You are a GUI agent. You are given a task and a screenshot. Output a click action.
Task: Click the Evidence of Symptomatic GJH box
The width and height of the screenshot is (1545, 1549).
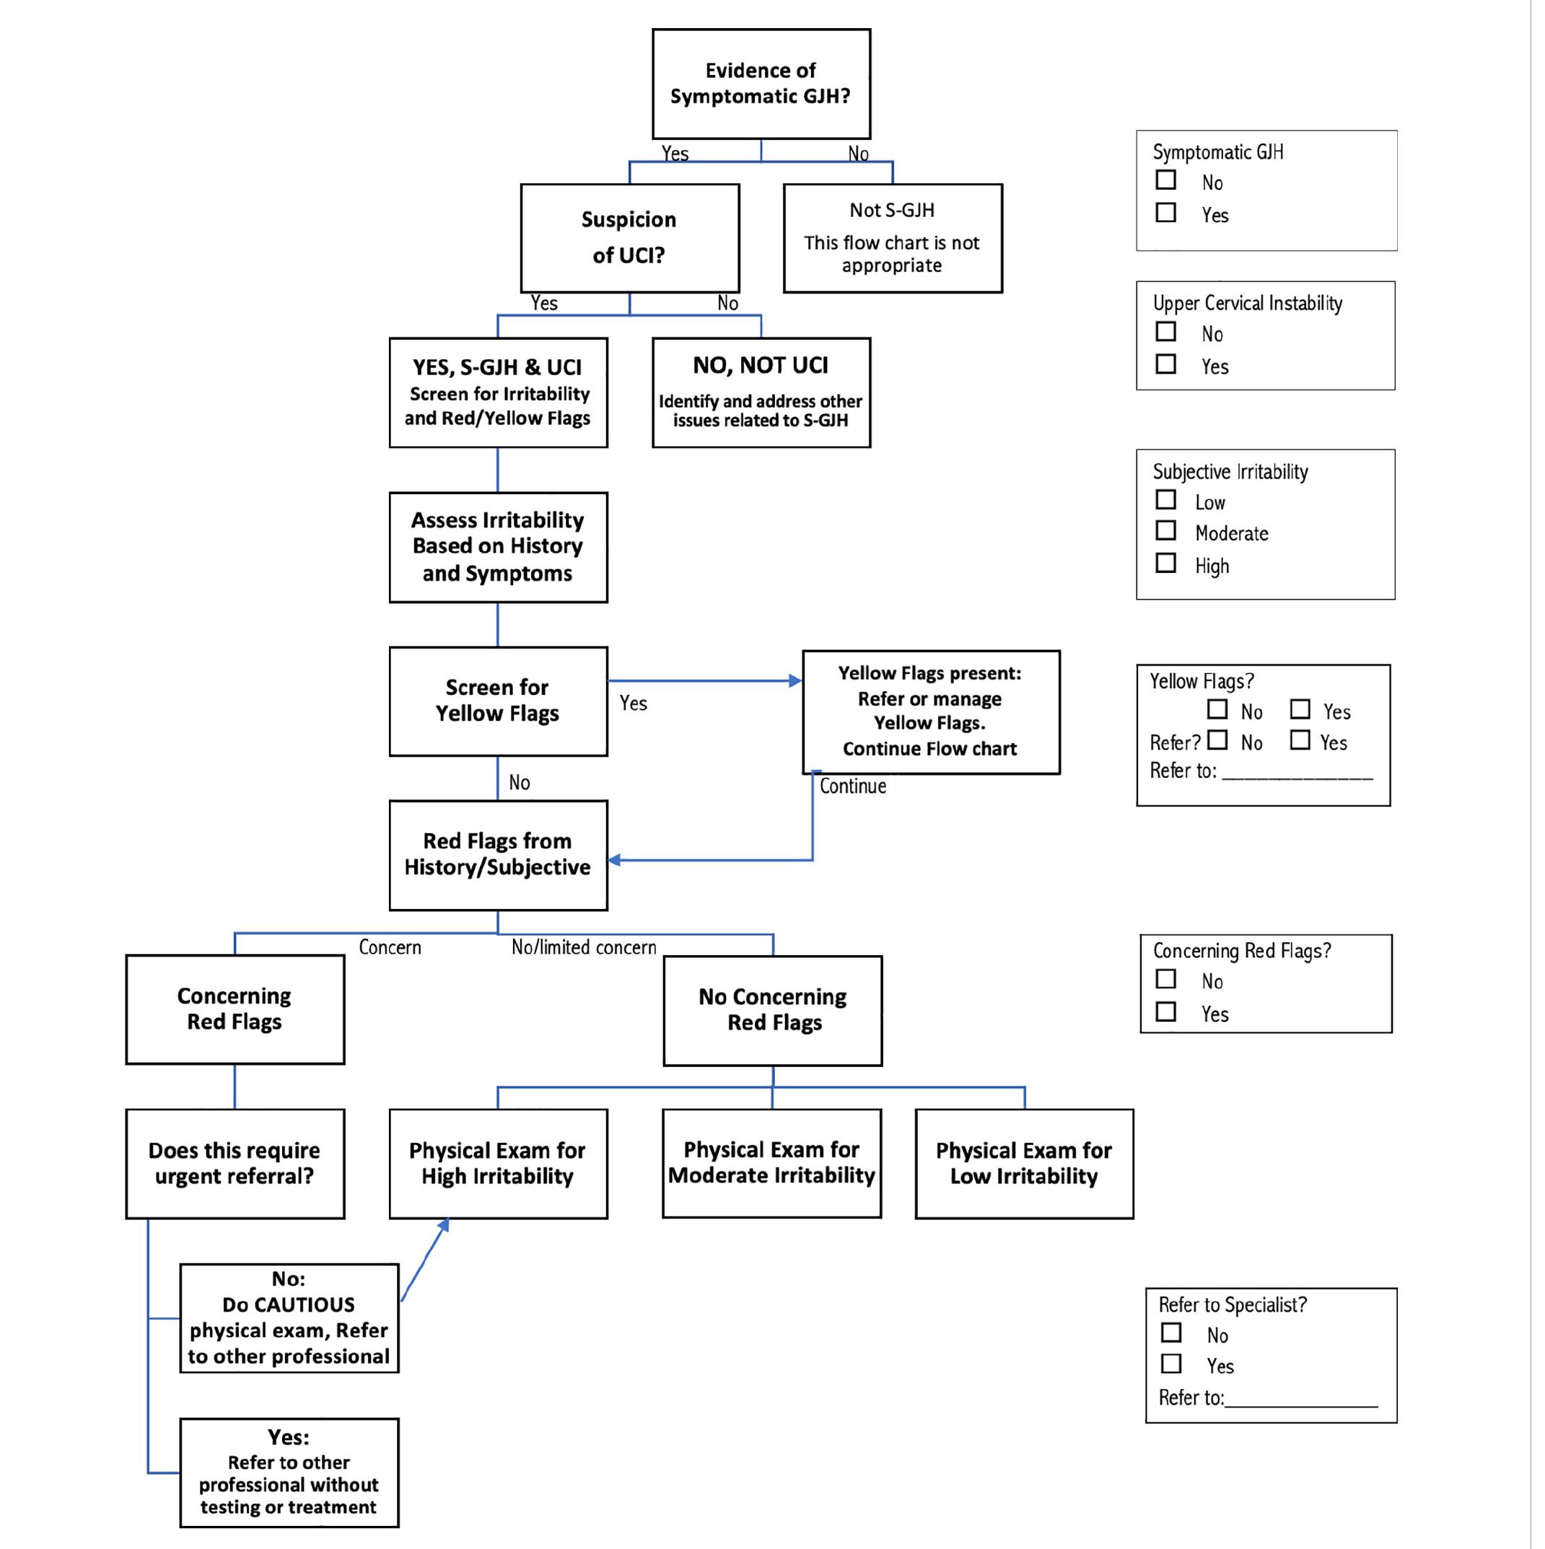[767, 84]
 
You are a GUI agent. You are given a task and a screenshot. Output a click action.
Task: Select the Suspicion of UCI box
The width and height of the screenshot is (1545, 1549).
[635, 240]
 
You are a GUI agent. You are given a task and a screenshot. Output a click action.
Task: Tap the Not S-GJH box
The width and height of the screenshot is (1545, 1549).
[901, 240]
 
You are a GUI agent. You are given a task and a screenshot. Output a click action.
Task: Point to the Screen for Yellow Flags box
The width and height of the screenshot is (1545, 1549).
[502, 707]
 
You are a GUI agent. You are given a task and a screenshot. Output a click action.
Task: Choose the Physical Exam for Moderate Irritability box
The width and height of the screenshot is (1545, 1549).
[779, 1173]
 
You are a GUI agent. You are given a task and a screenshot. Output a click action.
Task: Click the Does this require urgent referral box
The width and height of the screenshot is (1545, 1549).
[237, 1174]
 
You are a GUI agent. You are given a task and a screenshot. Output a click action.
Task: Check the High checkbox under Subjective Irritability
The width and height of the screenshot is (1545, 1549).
[1176, 568]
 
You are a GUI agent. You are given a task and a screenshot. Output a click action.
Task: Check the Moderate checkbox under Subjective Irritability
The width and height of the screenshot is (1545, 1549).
[1176, 535]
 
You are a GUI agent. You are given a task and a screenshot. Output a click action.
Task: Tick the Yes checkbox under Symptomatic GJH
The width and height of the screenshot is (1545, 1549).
[1176, 214]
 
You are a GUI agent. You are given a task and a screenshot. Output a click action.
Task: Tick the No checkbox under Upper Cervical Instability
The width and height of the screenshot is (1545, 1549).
[1176, 333]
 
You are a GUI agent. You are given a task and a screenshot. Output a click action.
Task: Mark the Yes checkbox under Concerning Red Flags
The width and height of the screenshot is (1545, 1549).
[1176, 1020]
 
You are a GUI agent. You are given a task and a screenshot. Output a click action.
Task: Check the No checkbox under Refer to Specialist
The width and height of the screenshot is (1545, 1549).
[1181, 1344]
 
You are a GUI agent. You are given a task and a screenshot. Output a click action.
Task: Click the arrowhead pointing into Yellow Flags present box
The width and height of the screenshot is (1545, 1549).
[802, 686]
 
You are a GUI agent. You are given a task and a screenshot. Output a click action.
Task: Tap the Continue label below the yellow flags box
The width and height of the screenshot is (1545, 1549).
[860, 793]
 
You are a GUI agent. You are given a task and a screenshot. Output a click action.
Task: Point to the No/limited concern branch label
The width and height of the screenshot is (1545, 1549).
[590, 955]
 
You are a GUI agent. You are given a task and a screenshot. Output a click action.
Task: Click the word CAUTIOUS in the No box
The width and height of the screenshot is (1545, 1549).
[291, 1316]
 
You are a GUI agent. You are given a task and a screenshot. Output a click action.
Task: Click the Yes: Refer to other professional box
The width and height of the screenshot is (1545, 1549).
[291, 1485]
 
